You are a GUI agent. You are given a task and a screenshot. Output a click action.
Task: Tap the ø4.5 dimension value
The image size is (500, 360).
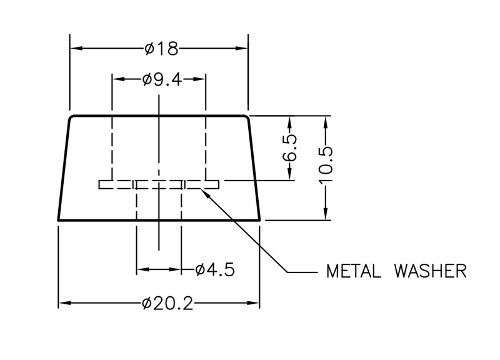coord(214,270)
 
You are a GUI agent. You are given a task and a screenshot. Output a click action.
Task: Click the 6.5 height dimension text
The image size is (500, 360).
coord(290,148)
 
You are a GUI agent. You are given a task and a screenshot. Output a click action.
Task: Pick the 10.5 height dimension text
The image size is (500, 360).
coord(326,167)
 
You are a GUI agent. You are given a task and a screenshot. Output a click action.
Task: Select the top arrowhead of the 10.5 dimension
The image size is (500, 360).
coord(326,121)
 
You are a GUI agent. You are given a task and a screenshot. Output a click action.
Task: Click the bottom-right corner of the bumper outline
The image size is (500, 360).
coord(261,220)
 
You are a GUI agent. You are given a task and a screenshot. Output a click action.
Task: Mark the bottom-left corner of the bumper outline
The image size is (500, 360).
coord(58,220)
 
